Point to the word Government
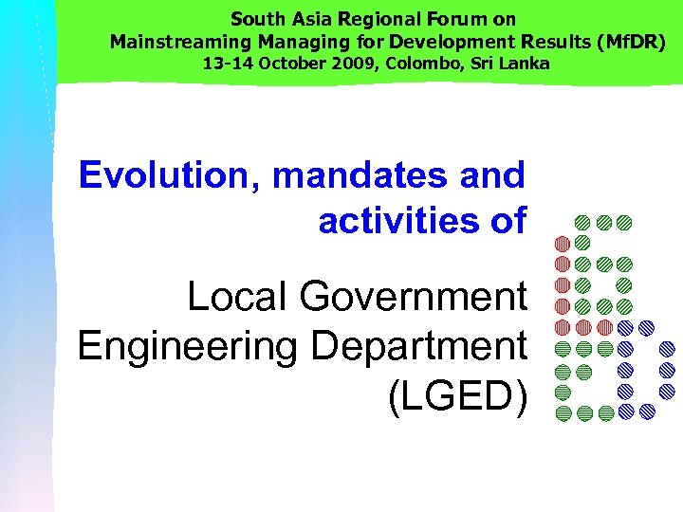[413, 297]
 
